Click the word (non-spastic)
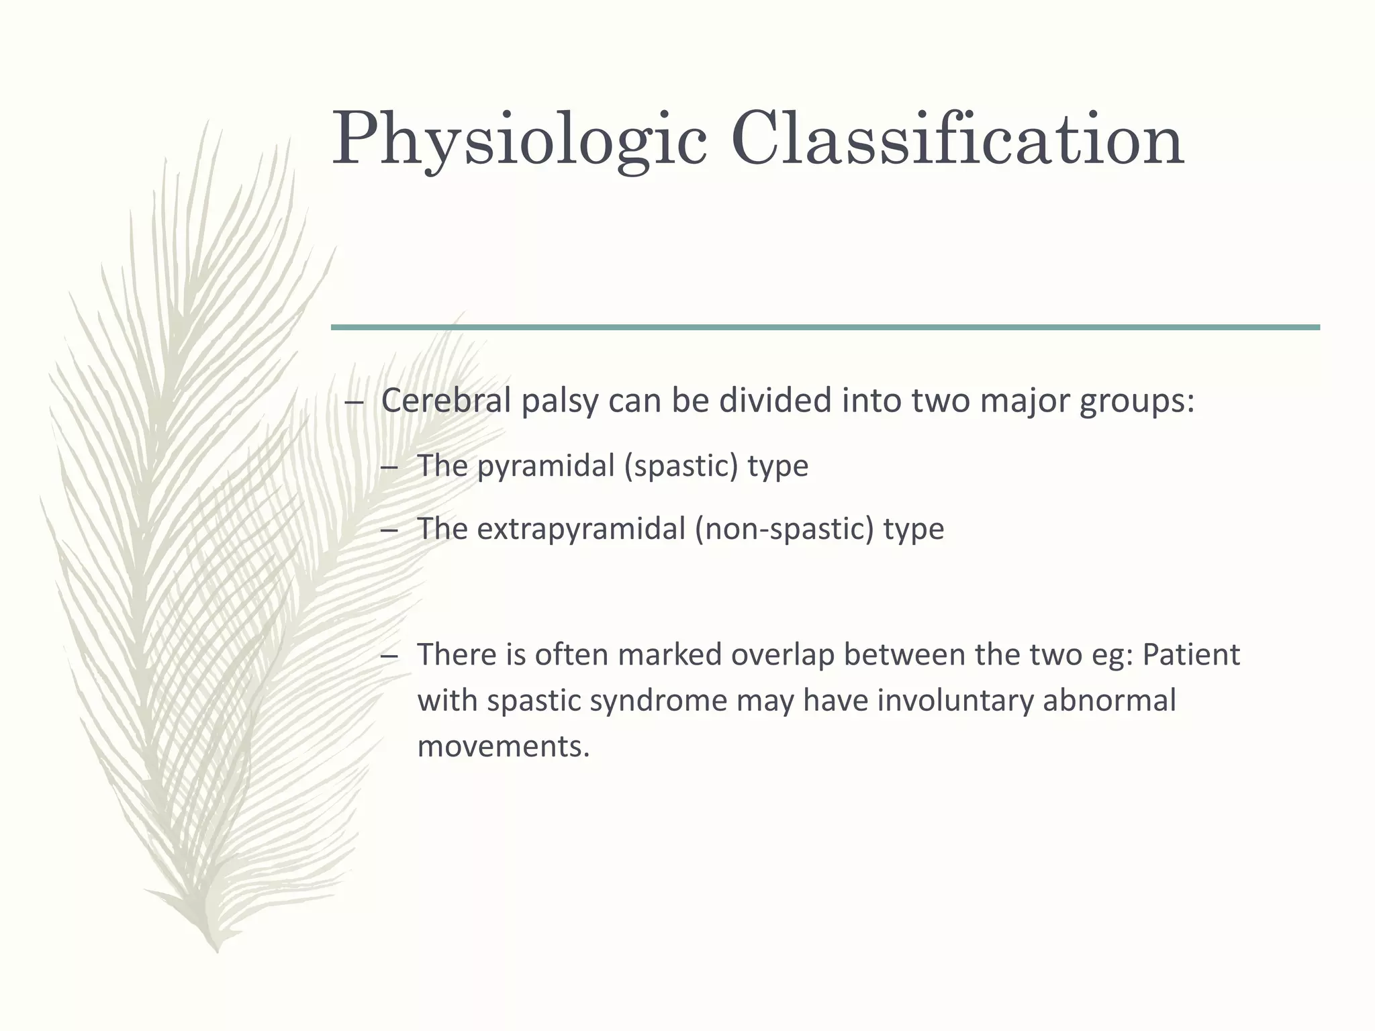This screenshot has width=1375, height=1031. tap(784, 530)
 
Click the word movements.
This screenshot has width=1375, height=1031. tap(503, 746)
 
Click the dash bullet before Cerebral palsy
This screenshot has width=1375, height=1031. tap(354, 402)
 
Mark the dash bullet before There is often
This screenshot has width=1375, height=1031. tap(389, 656)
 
